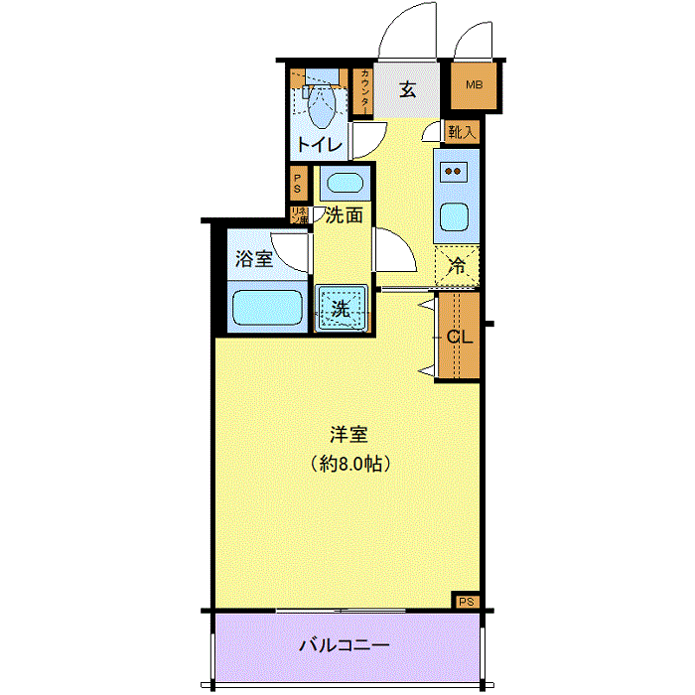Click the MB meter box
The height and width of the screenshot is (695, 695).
pyautogui.click(x=474, y=85)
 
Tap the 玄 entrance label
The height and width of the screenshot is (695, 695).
pyautogui.click(x=407, y=89)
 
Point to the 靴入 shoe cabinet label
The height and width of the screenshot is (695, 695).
pyautogui.click(x=462, y=131)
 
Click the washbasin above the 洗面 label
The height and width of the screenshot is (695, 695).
pyautogui.click(x=344, y=183)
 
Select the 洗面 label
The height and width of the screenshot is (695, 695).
pyautogui.click(x=344, y=214)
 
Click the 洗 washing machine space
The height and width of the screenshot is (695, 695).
pyautogui.click(x=342, y=308)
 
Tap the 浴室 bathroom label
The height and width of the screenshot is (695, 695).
pyautogui.click(x=253, y=260)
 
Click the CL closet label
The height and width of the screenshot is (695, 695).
pyautogui.click(x=459, y=337)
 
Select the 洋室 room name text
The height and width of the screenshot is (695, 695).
pyautogui.click(x=349, y=435)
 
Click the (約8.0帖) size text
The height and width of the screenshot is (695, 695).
pyautogui.click(x=349, y=464)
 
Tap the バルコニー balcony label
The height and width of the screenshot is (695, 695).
pyautogui.click(x=345, y=646)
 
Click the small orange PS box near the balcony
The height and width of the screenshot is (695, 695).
pyautogui.click(x=467, y=600)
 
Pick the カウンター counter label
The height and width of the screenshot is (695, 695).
pyautogui.click(x=364, y=92)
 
